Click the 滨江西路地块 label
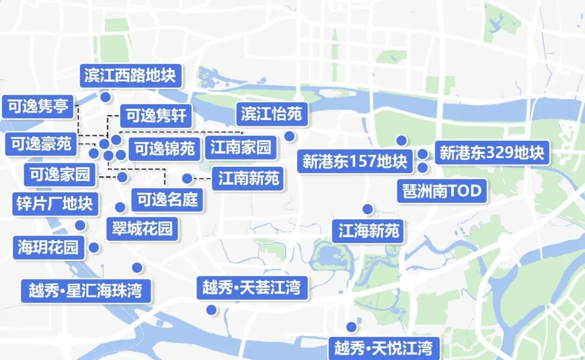pyautogui.click(x=130, y=76)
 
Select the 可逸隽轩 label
pyautogui.click(x=156, y=116)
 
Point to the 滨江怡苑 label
pyautogui.click(x=272, y=114)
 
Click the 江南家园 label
pyautogui.click(x=240, y=147)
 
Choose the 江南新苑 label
pyautogui.click(x=249, y=178)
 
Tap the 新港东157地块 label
pyautogui.click(x=355, y=161)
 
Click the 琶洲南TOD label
pyautogui.click(x=442, y=191)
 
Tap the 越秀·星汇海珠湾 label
pyautogui.click(x=85, y=291)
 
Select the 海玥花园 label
pyautogui.click(x=48, y=247)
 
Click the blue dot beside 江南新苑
pyautogui.click(x=187, y=178)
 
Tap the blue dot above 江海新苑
pyautogui.click(x=368, y=209)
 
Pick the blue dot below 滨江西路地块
pyautogui.click(x=106, y=97)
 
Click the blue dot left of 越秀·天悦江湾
pyautogui.click(x=352, y=327)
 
